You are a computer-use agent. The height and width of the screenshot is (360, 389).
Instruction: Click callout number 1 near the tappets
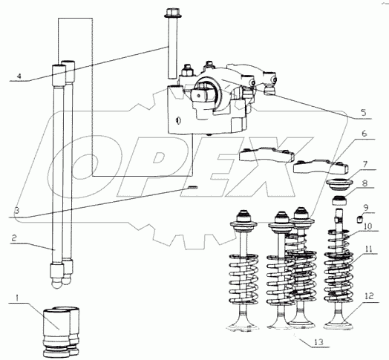[x=17, y=298]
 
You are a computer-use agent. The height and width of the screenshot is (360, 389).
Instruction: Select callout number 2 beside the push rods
[x=14, y=238]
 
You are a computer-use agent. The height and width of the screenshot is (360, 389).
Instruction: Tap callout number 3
[x=17, y=212]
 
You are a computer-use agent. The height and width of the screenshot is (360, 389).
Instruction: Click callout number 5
[x=364, y=113]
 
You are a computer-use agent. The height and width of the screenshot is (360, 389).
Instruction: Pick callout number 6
[x=364, y=134]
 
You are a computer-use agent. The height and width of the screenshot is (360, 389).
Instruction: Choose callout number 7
[x=365, y=164]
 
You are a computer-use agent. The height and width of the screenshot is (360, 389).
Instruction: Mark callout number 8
[x=365, y=183]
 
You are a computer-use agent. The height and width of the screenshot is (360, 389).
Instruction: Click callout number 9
[x=366, y=207]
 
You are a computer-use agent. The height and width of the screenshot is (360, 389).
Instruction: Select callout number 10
[x=368, y=226]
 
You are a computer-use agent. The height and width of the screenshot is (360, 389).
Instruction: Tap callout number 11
[x=369, y=249]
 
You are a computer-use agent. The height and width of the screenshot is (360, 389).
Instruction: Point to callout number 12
[x=370, y=295]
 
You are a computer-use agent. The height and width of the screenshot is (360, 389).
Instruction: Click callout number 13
[x=318, y=342]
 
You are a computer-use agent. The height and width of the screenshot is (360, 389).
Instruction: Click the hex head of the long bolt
[x=173, y=13]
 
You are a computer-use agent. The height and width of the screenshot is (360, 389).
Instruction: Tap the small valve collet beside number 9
[x=359, y=219]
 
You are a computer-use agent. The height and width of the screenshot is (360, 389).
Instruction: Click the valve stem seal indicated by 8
[x=339, y=200]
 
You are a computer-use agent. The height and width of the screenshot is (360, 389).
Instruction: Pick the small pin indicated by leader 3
[x=192, y=186]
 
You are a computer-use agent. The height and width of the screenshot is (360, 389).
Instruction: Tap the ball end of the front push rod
[x=57, y=284]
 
